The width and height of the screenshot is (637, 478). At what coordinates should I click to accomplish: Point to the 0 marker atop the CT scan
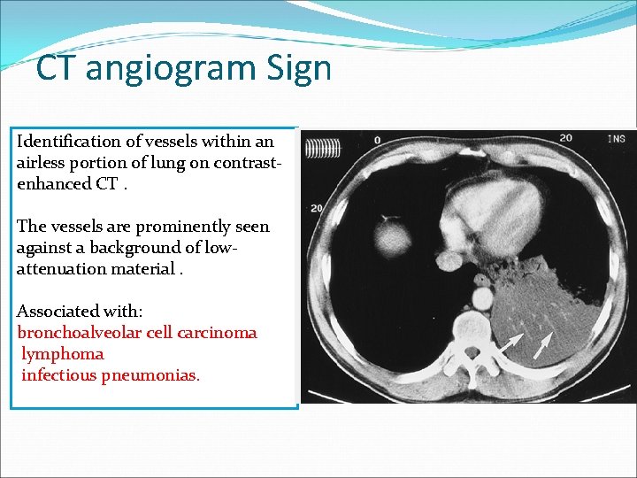pyautogui.click(x=378, y=140)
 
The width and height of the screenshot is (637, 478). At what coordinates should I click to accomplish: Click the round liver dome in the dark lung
pyautogui.click(x=395, y=238)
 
